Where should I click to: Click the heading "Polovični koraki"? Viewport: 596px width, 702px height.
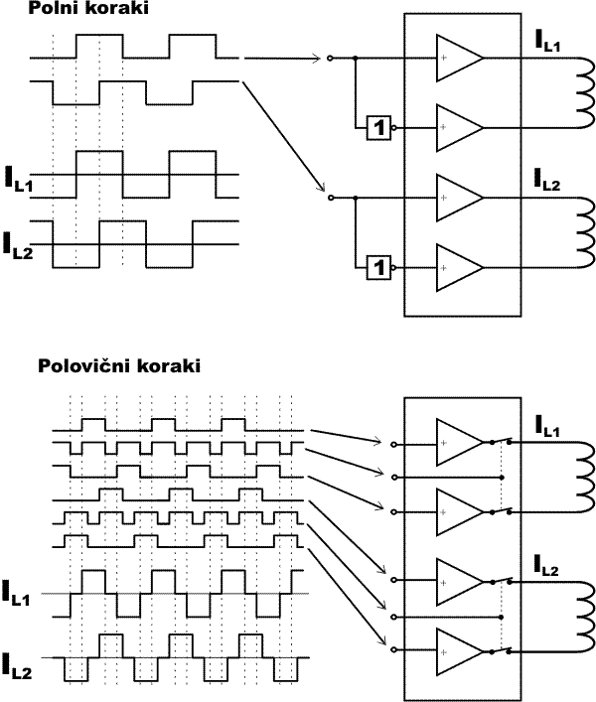[119, 365]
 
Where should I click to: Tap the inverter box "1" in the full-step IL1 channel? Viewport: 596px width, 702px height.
[377, 126]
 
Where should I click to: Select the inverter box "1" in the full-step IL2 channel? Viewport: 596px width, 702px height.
[377, 266]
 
